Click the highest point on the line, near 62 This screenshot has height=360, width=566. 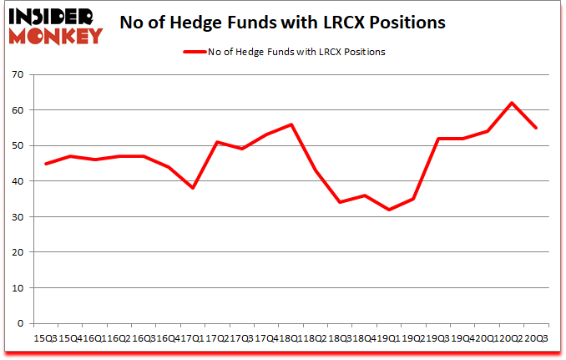tap(511, 103)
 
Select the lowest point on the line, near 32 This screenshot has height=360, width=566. tap(388, 210)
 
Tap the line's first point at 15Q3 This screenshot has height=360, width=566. tap(45, 164)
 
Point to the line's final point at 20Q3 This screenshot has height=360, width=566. tap(535, 128)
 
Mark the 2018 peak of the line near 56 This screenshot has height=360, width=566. tap(291, 124)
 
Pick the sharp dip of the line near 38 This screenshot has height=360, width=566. tap(192, 188)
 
